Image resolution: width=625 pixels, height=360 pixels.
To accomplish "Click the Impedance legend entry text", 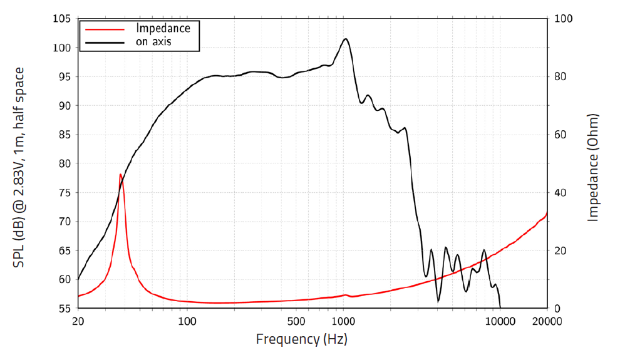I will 163,28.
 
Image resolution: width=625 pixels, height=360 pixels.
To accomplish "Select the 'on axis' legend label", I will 153,42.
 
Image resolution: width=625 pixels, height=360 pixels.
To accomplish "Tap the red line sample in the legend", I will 105,29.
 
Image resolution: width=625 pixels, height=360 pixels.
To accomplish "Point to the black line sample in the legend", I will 105,43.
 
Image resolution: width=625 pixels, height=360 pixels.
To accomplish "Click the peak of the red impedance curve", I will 120,175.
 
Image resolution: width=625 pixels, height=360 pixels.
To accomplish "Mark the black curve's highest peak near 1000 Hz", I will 346,39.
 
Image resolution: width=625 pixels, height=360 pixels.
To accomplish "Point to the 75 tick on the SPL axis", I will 63,193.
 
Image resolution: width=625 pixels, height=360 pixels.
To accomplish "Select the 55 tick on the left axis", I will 63,309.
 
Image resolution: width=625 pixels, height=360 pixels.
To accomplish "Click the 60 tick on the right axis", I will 561,135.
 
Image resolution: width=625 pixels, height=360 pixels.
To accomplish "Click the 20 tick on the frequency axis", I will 78,322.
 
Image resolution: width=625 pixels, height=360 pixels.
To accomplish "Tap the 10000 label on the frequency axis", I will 500,322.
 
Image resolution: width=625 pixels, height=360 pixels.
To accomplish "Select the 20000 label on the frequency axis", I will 547,322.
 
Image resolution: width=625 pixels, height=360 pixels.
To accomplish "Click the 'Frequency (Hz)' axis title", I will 301,339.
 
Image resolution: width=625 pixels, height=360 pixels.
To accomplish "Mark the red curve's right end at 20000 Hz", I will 547,213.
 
